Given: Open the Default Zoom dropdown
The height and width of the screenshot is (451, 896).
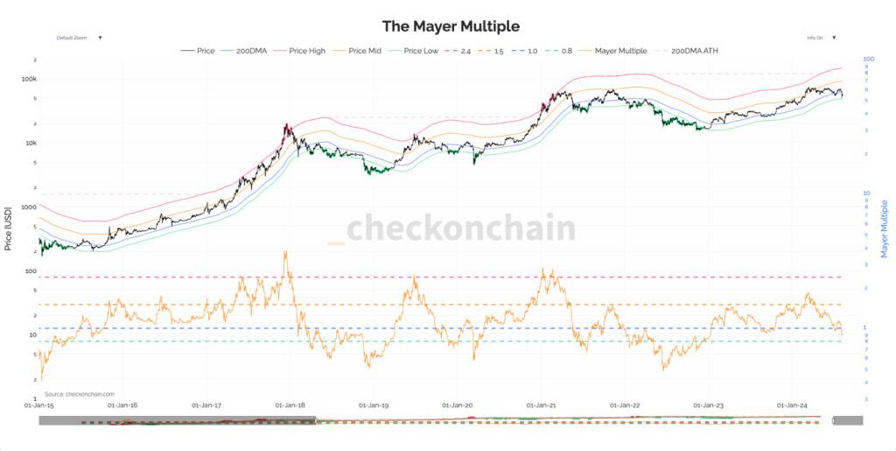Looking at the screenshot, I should point(79,38).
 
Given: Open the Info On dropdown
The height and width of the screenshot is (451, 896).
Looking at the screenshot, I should point(821,38).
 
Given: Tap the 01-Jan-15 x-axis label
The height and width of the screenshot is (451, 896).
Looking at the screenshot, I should point(39,405).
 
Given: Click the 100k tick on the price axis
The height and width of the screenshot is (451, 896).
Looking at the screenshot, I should point(28,79).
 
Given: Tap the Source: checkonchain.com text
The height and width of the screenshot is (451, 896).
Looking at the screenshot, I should point(80,394).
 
